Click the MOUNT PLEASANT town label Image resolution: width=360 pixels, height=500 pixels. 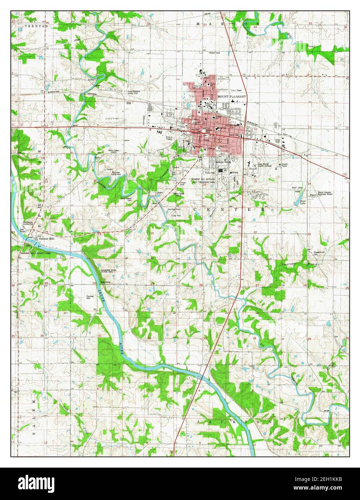point(232,97)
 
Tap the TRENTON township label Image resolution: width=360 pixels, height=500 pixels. point(36,27)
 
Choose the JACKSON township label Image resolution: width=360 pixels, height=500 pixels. point(236,421)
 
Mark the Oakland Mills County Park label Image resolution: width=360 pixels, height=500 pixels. point(35,253)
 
